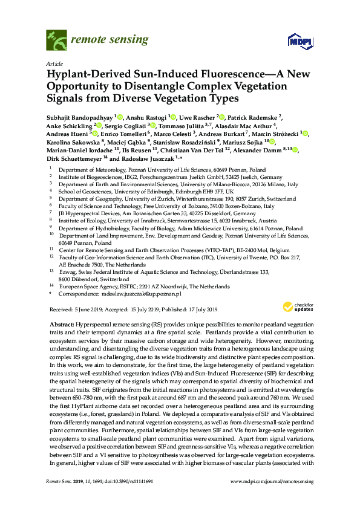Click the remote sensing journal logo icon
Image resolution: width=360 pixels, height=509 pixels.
tap(56, 41)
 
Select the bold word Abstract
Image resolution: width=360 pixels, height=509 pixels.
tap(61, 325)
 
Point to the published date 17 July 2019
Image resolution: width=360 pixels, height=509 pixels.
tap(196, 309)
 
